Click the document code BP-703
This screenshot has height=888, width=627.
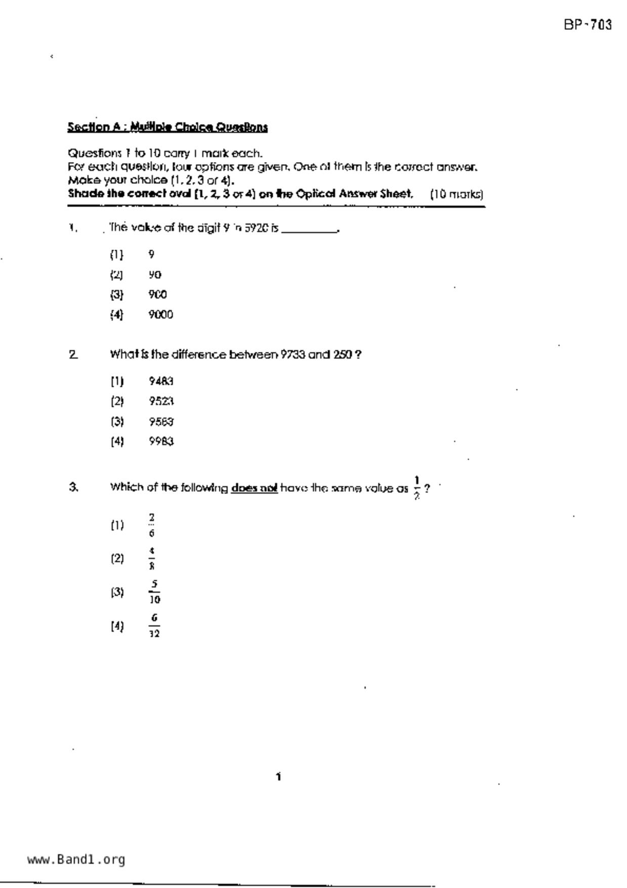(x=588, y=25)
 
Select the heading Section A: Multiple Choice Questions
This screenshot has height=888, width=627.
(x=168, y=127)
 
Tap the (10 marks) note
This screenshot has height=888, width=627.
(x=456, y=194)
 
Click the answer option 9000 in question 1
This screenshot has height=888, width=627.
(x=161, y=314)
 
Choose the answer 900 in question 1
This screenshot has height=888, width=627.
(x=158, y=294)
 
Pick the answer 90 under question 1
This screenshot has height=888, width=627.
(x=155, y=274)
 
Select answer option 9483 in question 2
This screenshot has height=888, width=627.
(x=161, y=381)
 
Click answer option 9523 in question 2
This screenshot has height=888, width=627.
(x=161, y=401)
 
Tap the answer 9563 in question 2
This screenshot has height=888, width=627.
(x=161, y=421)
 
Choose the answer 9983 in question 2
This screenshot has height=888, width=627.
(x=161, y=441)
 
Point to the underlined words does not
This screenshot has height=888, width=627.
(x=254, y=488)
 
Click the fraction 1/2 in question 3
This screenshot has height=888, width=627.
(x=417, y=488)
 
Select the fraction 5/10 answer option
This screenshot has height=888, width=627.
(x=154, y=592)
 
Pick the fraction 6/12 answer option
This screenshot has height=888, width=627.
(x=154, y=626)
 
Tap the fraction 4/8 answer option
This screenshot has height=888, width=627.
(x=152, y=558)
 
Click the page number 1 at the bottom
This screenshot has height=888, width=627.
(x=278, y=777)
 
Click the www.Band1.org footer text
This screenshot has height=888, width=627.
(x=76, y=859)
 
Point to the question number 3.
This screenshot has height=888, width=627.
(x=73, y=487)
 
